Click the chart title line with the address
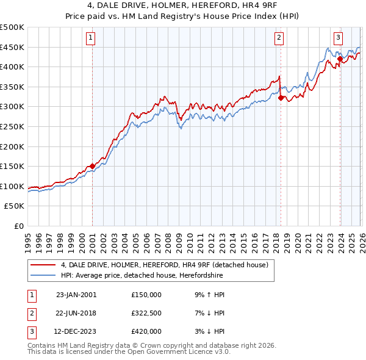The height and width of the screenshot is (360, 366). [183, 6]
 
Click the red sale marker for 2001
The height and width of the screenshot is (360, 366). [92, 166]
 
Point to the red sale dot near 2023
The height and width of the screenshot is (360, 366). [340, 59]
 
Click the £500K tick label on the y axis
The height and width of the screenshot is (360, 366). [12, 27]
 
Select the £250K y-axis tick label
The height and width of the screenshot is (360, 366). [12, 126]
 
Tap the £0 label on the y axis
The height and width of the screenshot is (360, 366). [20, 226]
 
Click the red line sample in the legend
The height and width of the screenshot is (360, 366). [43, 264]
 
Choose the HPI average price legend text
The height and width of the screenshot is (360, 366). [142, 276]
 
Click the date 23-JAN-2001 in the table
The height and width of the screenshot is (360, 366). [76, 294]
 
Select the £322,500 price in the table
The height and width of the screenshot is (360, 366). [146, 312]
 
